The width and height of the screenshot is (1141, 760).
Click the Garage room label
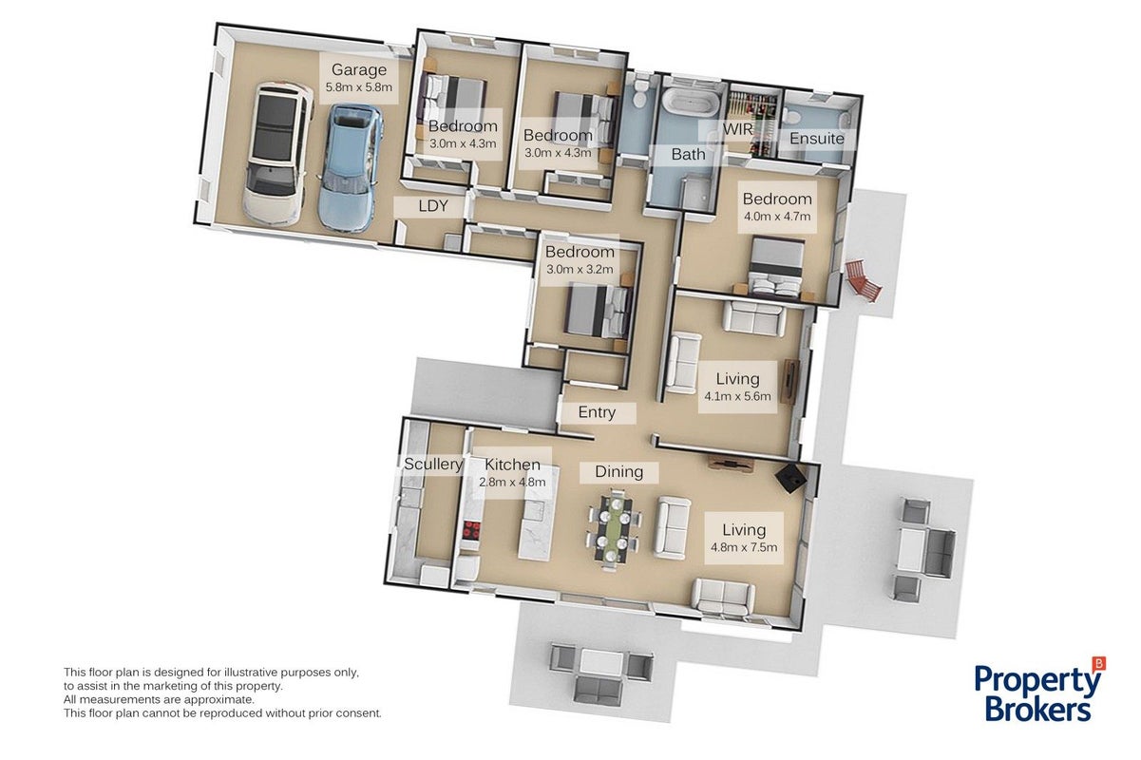[358, 69]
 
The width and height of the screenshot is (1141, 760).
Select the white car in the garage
[277, 153]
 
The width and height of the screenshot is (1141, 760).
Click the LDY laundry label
[433, 206]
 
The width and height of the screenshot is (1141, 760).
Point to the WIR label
[737, 129]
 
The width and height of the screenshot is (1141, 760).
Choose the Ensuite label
[816, 138]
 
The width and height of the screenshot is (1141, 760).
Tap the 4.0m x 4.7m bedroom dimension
[777, 216]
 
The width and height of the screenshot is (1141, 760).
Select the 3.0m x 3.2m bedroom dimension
[580, 269]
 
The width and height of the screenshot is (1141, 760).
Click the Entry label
[597, 411]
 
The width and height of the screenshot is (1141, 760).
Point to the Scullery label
[433, 464]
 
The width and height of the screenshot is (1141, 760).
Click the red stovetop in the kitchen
[471, 530]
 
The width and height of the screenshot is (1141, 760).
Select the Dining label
[618, 471]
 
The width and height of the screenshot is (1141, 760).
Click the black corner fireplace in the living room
[791, 478]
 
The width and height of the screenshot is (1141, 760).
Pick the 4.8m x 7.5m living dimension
[744, 547]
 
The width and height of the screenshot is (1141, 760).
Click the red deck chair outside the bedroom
[864, 280]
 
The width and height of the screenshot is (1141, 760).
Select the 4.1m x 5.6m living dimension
[737, 396]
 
